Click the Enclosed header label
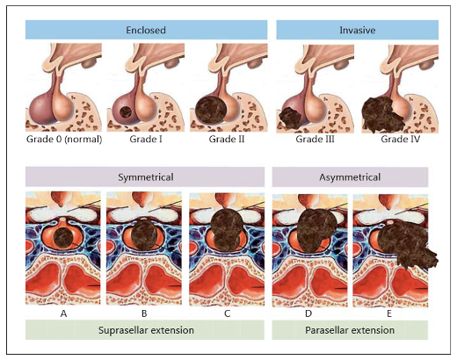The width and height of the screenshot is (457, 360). tap(146, 30)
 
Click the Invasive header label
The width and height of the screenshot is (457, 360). tap(358, 30)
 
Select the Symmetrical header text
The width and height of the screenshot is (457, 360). tap(146, 177)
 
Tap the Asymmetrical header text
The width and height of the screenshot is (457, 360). tap(350, 177)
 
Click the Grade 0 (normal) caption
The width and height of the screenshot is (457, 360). tap(64, 139)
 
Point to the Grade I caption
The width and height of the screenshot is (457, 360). tap(146, 139)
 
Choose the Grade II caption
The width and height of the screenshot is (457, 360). tap(227, 139)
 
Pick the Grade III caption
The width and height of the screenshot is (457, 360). tap(315, 139)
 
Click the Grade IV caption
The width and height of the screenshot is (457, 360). tap(400, 139)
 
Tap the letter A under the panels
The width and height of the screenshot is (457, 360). tap(63, 313)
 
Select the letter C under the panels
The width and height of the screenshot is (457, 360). tap(227, 313)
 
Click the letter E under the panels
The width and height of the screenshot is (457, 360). tap(389, 313)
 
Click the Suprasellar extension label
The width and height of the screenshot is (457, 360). tap(146, 330)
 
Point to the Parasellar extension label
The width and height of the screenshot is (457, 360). tap(350, 330)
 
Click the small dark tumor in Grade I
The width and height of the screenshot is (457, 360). tap(126, 112)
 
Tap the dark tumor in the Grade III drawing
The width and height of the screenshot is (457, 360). tap(290, 118)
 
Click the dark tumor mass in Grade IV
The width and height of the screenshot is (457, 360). tap(382, 115)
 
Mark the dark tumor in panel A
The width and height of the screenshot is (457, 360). tap(64, 239)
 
